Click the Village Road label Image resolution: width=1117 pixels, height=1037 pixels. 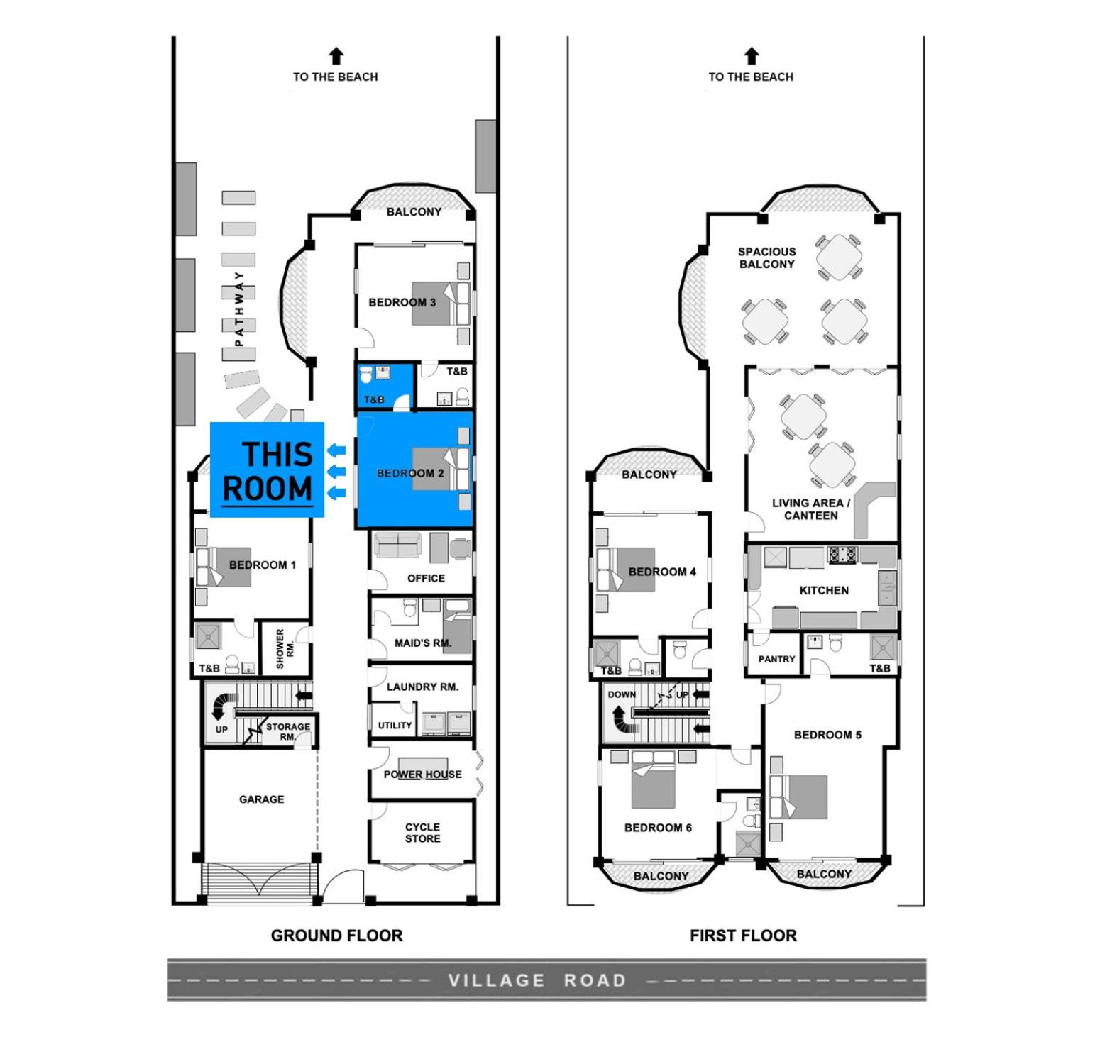coord(537,980)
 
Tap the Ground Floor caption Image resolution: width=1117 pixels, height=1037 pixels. coord(336,936)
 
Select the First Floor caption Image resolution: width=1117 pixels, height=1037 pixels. coord(743,936)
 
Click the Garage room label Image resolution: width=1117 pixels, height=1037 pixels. coord(261,799)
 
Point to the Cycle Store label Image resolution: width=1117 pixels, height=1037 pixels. coord(423,833)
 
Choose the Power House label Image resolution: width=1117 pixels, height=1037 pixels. coord(422,775)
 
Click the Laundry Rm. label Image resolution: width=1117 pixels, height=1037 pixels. coord(422,687)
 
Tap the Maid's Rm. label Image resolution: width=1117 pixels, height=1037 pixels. coord(423,643)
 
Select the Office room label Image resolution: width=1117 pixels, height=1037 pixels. coord(426,578)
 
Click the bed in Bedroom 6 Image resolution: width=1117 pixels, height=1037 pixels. coord(653,779)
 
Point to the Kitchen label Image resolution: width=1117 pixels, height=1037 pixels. coord(824,590)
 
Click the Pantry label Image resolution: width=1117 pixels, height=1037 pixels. coord(776,659)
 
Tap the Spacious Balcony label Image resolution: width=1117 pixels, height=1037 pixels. coord(766,258)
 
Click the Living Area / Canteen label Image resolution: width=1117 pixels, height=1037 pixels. coord(810,509)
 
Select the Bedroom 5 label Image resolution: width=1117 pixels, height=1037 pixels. coord(827,735)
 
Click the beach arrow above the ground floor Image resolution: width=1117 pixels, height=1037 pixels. coord(336,56)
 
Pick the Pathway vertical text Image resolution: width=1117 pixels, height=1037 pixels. coord(239,309)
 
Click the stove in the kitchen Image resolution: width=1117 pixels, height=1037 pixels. coord(842,555)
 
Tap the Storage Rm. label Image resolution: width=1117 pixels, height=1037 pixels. coord(287,731)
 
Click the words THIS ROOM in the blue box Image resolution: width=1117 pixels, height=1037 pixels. coord(268,472)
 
